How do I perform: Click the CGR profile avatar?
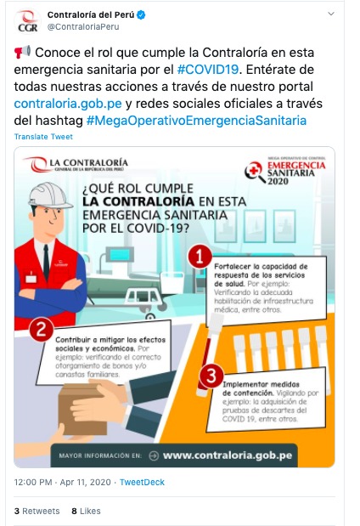27,21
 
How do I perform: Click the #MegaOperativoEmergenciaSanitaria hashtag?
196,121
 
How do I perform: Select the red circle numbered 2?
42,328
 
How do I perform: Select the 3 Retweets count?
37,511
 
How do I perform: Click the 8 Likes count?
86,511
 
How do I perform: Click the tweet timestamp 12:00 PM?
34,482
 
